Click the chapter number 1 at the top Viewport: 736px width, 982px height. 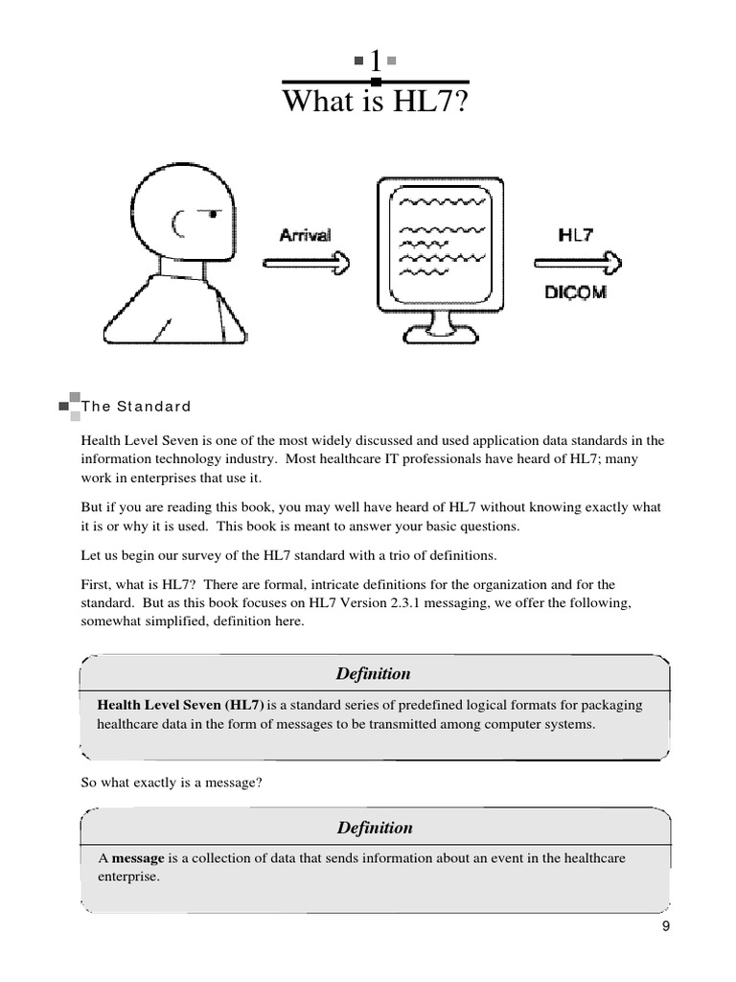pyautogui.click(x=376, y=61)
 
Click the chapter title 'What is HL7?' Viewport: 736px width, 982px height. pyautogui.click(x=376, y=101)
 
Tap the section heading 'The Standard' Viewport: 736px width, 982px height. pyautogui.click(x=136, y=406)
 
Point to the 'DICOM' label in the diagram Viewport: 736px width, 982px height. pyautogui.click(x=575, y=292)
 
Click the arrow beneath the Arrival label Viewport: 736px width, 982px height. pyautogui.click(x=308, y=261)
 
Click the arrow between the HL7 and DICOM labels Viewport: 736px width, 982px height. pyautogui.click(x=578, y=261)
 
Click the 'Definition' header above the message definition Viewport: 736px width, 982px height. pyautogui.click(x=375, y=827)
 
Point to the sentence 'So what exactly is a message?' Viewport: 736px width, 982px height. pyautogui.click(x=172, y=783)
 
